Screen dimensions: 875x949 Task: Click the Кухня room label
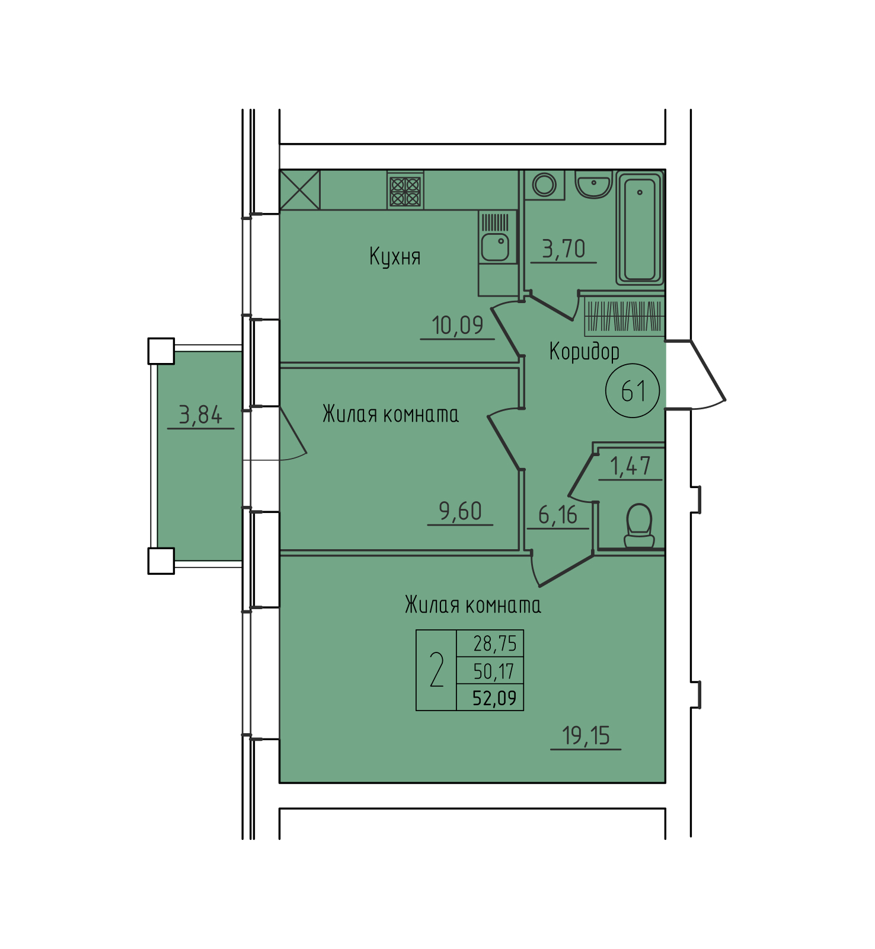pyautogui.click(x=395, y=257)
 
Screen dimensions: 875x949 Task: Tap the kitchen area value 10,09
pyautogui.click(x=458, y=325)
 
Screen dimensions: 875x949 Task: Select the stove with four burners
pyautogui.click(x=405, y=191)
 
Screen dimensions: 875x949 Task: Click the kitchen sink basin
pyautogui.click(x=495, y=246)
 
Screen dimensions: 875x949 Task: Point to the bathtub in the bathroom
pyautogui.click(x=640, y=228)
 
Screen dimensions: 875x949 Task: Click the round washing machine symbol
pyautogui.click(x=544, y=184)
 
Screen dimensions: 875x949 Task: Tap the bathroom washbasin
pyautogui.click(x=593, y=184)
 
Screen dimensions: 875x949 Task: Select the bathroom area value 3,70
pyautogui.click(x=564, y=249)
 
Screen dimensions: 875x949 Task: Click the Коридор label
pyautogui.click(x=585, y=352)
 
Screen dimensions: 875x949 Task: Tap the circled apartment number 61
pyautogui.click(x=633, y=391)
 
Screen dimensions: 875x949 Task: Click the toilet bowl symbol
pyautogui.click(x=639, y=526)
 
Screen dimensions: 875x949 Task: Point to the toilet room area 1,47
pyautogui.click(x=630, y=466)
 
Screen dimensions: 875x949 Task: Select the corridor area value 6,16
pyautogui.click(x=558, y=515)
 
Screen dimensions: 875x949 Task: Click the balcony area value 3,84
pyautogui.click(x=200, y=415)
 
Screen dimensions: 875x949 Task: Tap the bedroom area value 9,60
pyautogui.click(x=460, y=511)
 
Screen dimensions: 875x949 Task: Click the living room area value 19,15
pyautogui.click(x=586, y=736)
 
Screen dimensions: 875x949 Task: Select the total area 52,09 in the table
pyautogui.click(x=494, y=698)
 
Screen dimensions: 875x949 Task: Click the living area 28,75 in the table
pyautogui.click(x=495, y=644)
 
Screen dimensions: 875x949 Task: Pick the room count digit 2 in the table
pyautogui.click(x=437, y=670)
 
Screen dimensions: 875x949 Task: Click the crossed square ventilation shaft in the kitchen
pyautogui.click(x=300, y=190)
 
